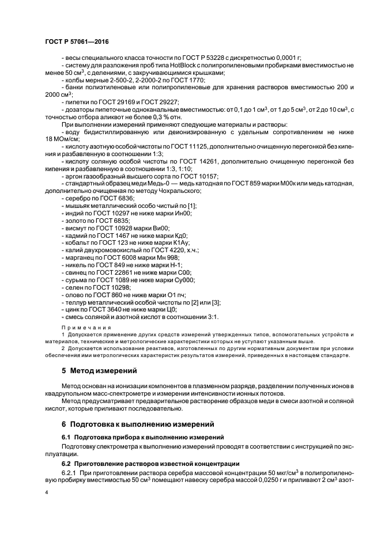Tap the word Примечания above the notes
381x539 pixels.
(x=79, y=326)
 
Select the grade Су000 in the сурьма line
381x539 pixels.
(x=184, y=280)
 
